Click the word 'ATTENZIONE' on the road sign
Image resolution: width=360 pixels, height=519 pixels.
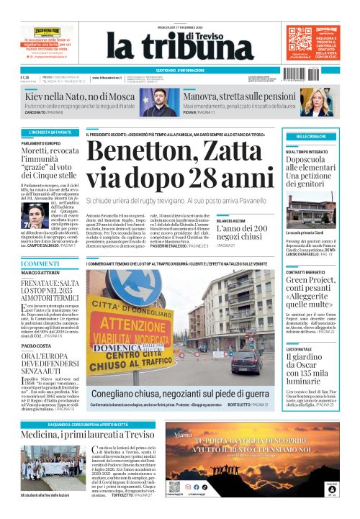coord(145,322)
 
